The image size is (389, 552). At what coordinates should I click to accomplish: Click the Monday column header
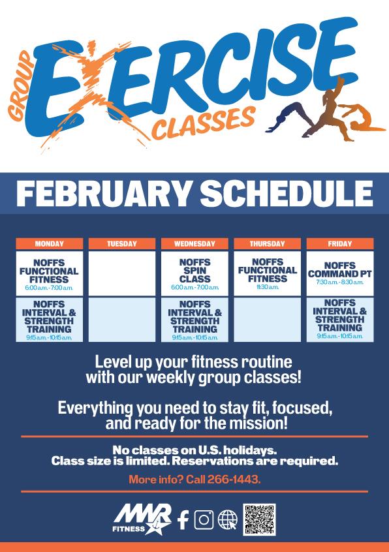[50, 244]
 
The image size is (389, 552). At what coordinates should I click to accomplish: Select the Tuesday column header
[122, 244]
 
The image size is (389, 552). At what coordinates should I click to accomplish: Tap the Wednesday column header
[194, 244]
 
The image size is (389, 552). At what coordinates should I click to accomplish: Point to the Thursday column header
[267, 244]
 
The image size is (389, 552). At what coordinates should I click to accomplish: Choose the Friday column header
[339, 244]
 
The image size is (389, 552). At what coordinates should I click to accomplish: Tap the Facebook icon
[183, 519]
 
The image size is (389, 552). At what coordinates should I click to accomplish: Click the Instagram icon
[204, 519]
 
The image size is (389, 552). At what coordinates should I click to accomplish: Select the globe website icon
[227, 519]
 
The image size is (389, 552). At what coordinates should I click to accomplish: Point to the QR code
[259, 520]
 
